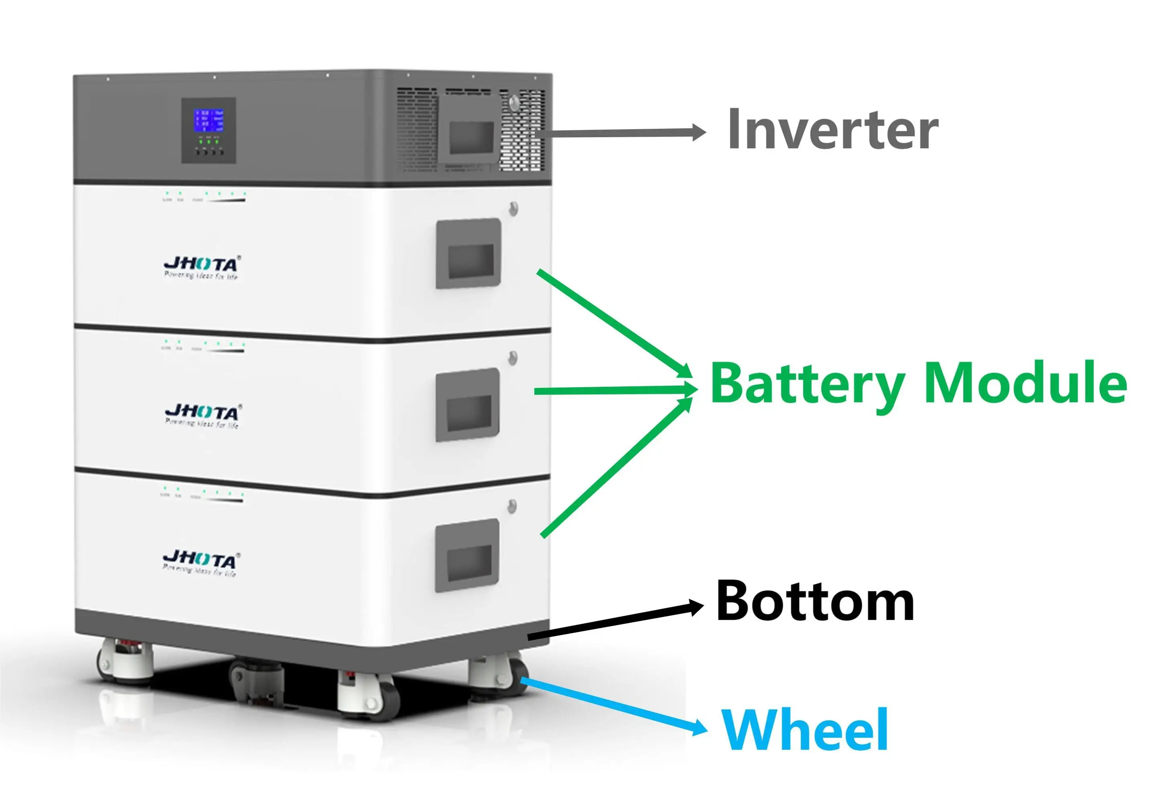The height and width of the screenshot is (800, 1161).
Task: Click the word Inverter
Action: point(832,129)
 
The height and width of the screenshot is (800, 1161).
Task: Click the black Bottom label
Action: point(815,601)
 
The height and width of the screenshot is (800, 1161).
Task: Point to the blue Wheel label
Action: point(805,730)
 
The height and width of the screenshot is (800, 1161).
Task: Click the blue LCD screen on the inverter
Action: point(209,121)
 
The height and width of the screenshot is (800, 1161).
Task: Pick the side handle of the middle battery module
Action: point(467,404)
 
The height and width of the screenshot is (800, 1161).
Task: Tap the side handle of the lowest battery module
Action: point(467,555)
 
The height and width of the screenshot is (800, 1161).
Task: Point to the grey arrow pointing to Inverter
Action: point(621,133)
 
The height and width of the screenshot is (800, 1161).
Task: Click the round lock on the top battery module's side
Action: point(513,209)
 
